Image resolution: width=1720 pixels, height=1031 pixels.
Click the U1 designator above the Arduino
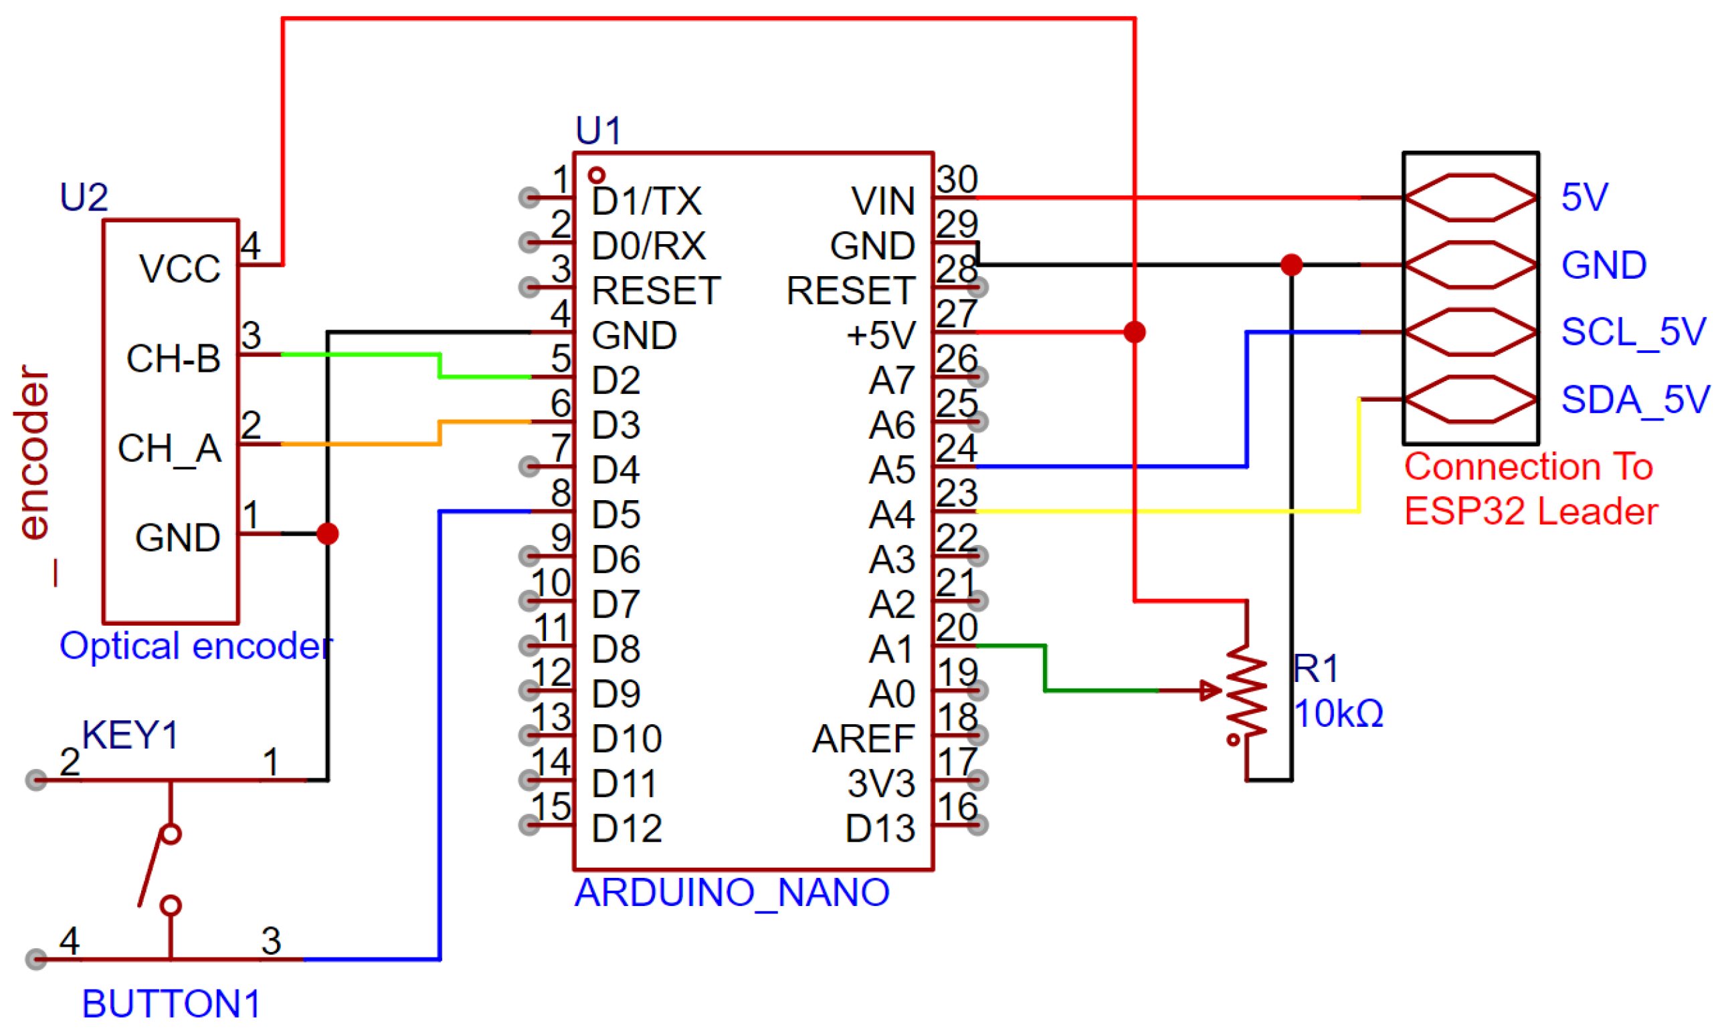pos(597,130)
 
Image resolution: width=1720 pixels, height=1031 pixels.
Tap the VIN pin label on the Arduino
pos(882,201)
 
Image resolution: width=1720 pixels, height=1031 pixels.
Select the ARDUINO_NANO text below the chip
pos(731,892)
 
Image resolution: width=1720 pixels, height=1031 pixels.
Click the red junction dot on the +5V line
pos(1134,332)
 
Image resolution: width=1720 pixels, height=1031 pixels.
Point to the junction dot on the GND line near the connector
pos(1291,265)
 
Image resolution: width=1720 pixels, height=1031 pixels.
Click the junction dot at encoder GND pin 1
pos(327,534)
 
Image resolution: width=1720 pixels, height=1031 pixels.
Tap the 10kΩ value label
pos(1338,713)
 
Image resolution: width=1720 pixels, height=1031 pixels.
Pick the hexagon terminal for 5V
pos(1470,197)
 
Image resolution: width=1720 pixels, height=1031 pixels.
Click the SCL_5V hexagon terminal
pos(1470,332)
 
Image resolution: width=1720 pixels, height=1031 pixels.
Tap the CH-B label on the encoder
pos(173,359)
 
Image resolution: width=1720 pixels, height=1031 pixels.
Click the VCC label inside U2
pos(179,269)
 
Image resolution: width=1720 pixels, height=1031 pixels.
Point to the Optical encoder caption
pos(196,646)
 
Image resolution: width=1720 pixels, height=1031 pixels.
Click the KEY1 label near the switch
pos(130,735)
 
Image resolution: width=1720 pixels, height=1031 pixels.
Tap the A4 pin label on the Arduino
pos(892,515)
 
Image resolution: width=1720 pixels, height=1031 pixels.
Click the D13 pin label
pos(879,829)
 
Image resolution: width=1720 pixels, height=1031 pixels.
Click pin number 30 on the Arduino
pos(956,179)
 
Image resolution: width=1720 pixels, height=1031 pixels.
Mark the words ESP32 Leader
pos(1530,511)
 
